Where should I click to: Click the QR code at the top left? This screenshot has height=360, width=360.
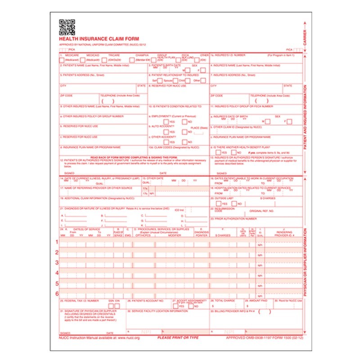(x=67, y=27)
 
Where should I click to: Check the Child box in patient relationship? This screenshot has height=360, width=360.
(x=188, y=81)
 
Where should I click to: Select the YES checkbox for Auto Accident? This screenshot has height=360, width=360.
(x=166, y=132)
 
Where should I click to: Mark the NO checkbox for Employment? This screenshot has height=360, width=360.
(x=184, y=122)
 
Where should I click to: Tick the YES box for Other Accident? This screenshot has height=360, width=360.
(x=166, y=142)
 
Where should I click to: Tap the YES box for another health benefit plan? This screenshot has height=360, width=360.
(x=218, y=152)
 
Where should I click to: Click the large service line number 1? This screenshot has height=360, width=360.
(x=57, y=242)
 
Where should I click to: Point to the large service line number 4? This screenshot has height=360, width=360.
(x=57, y=273)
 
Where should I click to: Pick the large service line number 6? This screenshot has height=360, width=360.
(x=57, y=294)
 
